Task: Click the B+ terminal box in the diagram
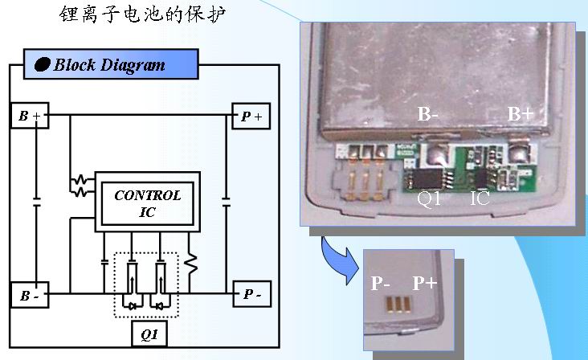point(30,117)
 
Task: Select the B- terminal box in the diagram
point(30,295)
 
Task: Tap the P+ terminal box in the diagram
point(251,117)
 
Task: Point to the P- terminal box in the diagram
point(251,295)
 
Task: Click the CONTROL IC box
point(147,203)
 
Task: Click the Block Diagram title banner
point(111,64)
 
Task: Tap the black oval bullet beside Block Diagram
point(43,64)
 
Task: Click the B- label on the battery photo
point(428,114)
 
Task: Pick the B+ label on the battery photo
point(520,114)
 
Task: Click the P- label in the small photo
point(381,283)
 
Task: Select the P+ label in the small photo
point(426,283)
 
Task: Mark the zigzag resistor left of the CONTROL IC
point(80,186)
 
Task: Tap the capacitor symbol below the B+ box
point(37,201)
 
